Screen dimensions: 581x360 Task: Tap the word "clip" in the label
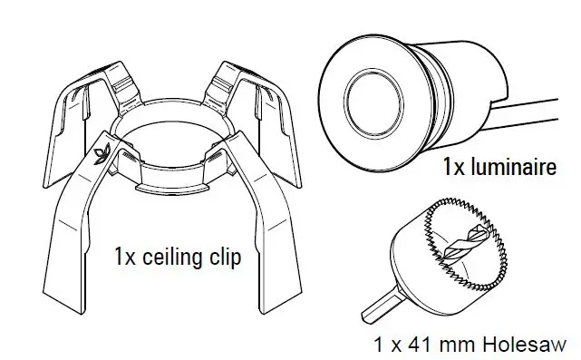click(x=226, y=258)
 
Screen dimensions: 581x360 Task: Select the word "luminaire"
click(x=511, y=166)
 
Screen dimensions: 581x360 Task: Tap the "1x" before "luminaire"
click(x=455, y=166)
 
